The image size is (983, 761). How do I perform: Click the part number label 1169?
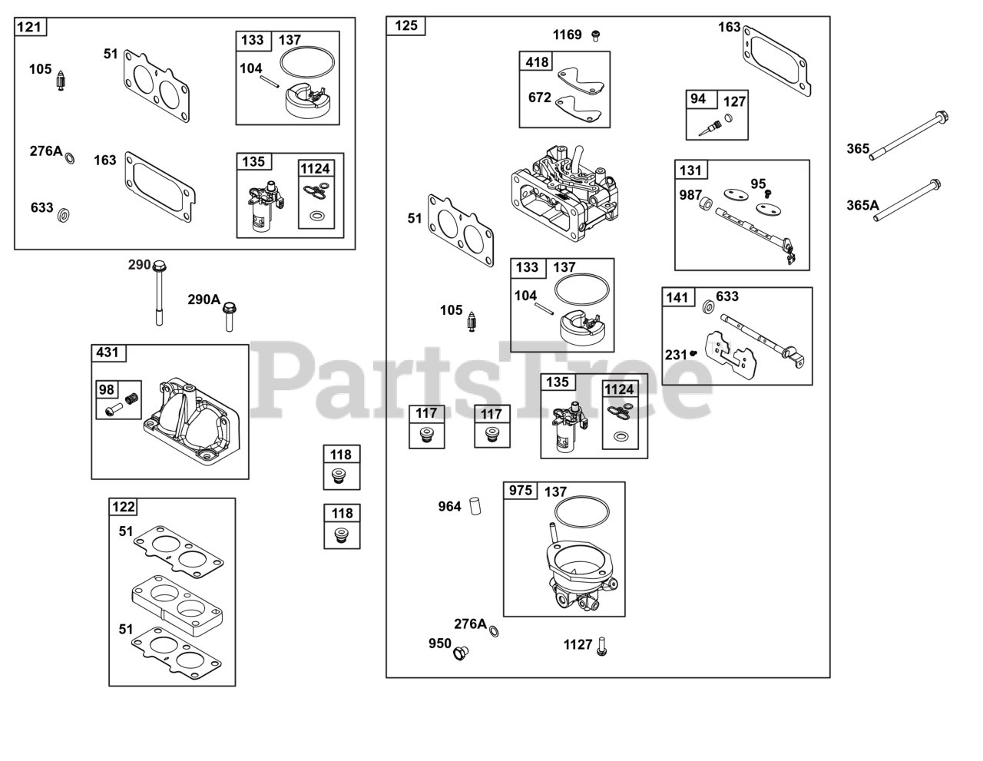click(x=568, y=35)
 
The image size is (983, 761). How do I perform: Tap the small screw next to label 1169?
click(x=595, y=35)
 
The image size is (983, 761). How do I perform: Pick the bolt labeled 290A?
click(x=228, y=316)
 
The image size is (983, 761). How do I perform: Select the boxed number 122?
click(x=124, y=507)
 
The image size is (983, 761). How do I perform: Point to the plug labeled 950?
click(x=461, y=653)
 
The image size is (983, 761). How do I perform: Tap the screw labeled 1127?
click(x=602, y=646)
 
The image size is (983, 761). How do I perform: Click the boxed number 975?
click(x=521, y=490)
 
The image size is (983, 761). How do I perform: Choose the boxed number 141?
click(x=677, y=296)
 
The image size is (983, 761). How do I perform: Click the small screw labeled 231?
click(x=693, y=352)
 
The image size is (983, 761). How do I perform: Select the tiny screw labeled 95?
click(x=766, y=194)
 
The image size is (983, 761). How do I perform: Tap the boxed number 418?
click(x=536, y=61)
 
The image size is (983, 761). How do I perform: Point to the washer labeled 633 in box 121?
click(x=64, y=213)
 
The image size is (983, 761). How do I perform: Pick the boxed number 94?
click(x=697, y=99)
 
